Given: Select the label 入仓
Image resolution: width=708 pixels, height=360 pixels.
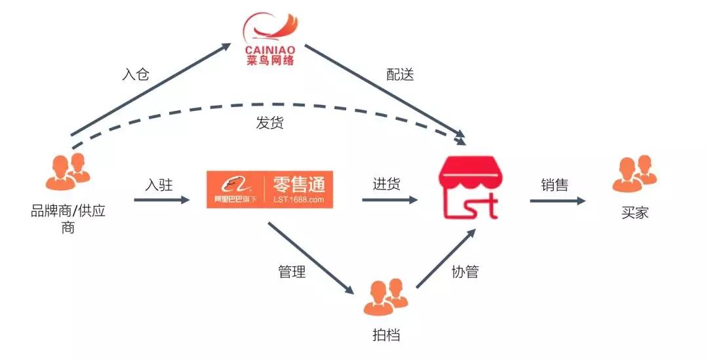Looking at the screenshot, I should point(136,74).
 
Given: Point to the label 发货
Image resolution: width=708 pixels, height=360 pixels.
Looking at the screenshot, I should point(269,122).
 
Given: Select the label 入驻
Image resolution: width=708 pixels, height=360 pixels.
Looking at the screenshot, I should point(159,185).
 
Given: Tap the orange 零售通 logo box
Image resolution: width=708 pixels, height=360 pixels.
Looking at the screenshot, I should point(269,190).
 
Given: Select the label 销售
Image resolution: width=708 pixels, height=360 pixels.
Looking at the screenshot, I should point(555,185).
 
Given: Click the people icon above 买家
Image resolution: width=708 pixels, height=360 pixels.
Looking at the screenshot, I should point(634,174).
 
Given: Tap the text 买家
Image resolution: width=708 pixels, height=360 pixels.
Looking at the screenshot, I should point(634,213).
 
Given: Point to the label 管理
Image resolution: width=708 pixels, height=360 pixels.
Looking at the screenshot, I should point(292,271).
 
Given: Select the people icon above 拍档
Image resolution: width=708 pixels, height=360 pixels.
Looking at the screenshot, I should point(385,296).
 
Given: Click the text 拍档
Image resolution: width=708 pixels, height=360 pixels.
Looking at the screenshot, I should point(385,335).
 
